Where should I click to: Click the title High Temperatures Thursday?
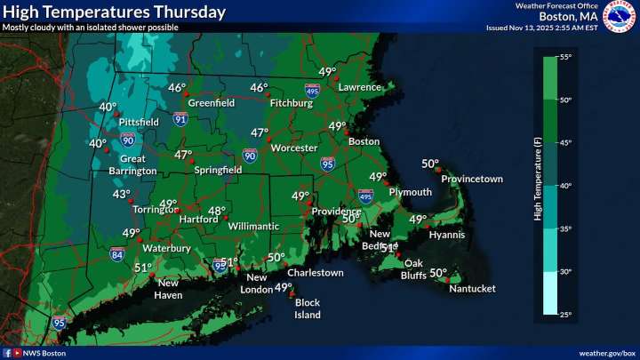pyautogui.click(x=114, y=12)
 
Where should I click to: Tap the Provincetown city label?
pyautogui.click(x=472, y=179)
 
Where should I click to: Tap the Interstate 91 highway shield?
pyautogui.click(x=180, y=117)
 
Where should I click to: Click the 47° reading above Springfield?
pyautogui.click(x=183, y=155)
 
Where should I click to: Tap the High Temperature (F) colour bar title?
pyautogui.click(x=538, y=185)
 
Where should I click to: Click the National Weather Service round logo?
pyautogui.click(x=620, y=15)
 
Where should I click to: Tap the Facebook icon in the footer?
pyautogui.click(x=7, y=353)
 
